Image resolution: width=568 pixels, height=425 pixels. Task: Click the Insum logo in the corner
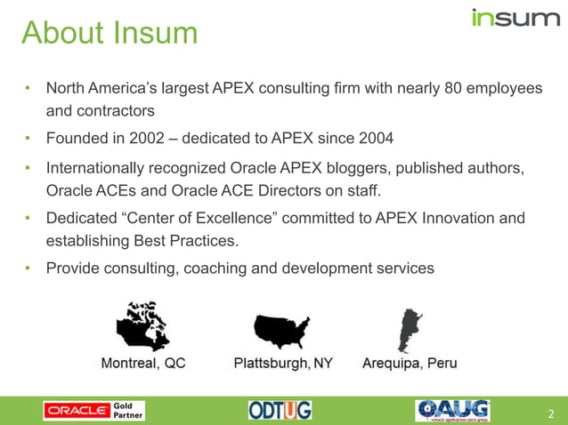pyautogui.click(x=515, y=18)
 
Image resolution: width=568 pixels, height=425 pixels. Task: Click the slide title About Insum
pyautogui.click(x=109, y=33)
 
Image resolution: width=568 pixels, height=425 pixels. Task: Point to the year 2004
pyautogui.click(x=375, y=138)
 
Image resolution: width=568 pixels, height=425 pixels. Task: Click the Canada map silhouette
pyautogui.click(x=142, y=326)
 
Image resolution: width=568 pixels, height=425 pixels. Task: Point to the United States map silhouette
pyautogui.click(x=281, y=330)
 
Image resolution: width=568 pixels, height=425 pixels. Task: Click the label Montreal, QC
pyautogui.click(x=143, y=364)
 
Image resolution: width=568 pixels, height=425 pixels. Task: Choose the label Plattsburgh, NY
pyautogui.click(x=283, y=364)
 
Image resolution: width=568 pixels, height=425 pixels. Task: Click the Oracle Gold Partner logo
pyautogui.click(x=93, y=411)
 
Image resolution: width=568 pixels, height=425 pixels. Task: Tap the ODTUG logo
pyautogui.click(x=280, y=411)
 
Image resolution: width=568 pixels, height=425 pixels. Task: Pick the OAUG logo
pyautogui.click(x=452, y=410)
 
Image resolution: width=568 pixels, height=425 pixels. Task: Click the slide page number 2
pyautogui.click(x=551, y=413)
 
